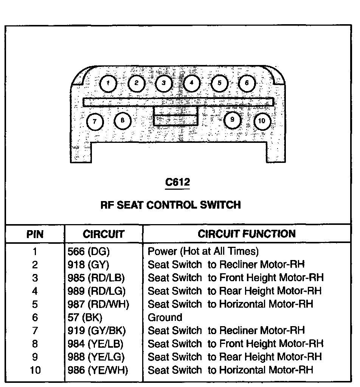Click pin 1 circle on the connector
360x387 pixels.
[x=109, y=83]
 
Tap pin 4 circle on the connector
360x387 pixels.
[x=192, y=83]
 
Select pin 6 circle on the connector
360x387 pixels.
[x=247, y=83]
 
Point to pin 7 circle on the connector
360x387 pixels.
[x=95, y=121]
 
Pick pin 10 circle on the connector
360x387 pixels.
[x=262, y=121]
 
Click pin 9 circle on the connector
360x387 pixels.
[x=233, y=120]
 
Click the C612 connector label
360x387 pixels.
[x=178, y=183]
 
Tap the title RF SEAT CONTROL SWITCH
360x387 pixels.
[x=171, y=205]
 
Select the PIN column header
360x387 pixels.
[x=35, y=234]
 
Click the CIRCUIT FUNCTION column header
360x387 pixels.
[x=247, y=234]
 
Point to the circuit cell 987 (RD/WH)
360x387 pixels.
[x=98, y=304]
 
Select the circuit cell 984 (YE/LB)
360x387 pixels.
[x=95, y=344]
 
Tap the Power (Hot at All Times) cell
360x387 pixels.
[x=203, y=251]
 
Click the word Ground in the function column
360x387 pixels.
[x=165, y=317]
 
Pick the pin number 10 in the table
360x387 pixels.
[x=35, y=370]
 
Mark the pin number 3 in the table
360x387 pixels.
[x=35, y=278]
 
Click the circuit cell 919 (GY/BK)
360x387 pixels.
[x=96, y=331]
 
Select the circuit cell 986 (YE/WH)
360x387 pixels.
[x=98, y=370]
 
